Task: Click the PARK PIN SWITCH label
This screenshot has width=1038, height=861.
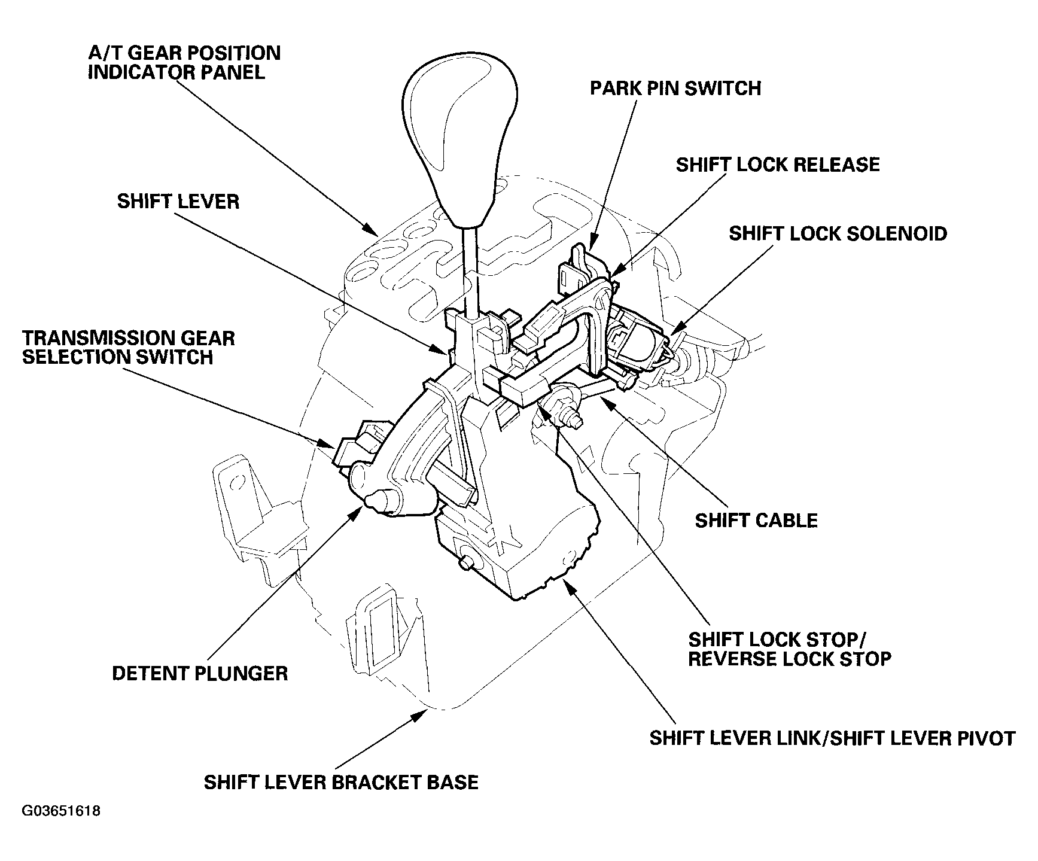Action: click(675, 89)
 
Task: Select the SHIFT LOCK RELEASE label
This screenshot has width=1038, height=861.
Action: click(778, 165)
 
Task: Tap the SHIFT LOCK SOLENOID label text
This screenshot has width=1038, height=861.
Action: click(838, 233)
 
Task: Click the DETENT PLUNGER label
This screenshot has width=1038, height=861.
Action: click(200, 673)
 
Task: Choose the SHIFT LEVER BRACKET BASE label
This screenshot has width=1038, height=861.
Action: click(341, 782)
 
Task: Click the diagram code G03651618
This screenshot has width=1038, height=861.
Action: click(61, 811)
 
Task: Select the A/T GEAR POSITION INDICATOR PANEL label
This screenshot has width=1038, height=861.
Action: click(184, 62)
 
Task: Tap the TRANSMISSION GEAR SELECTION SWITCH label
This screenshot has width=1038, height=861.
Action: click(129, 348)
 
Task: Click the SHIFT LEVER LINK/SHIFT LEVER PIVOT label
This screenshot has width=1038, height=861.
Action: click(832, 738)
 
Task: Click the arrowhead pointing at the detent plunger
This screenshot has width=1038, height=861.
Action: click(358, 508)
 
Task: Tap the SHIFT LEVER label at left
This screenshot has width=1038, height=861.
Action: click(178, 201)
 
